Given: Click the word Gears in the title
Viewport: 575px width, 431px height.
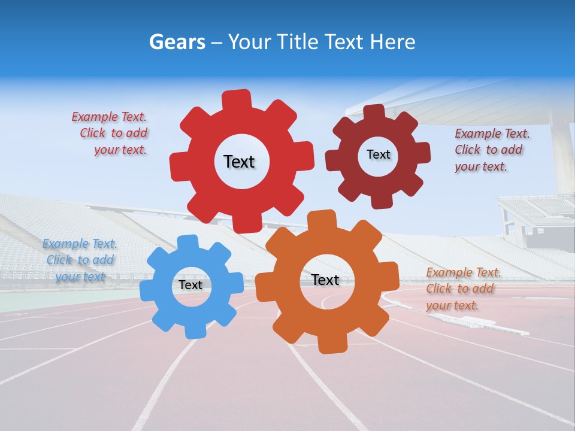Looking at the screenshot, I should (177, 42).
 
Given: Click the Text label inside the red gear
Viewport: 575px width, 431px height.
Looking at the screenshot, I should (239, 162).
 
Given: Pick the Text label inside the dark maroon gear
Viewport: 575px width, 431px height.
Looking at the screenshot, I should (378, 154).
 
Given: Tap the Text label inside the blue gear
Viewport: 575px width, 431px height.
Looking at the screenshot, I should (190, 285).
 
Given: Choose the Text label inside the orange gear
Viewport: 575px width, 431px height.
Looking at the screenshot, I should (325, 280).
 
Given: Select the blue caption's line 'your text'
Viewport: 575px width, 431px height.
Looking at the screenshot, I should (80, 277).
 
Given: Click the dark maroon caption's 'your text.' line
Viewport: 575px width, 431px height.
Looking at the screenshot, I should (480, 166).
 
